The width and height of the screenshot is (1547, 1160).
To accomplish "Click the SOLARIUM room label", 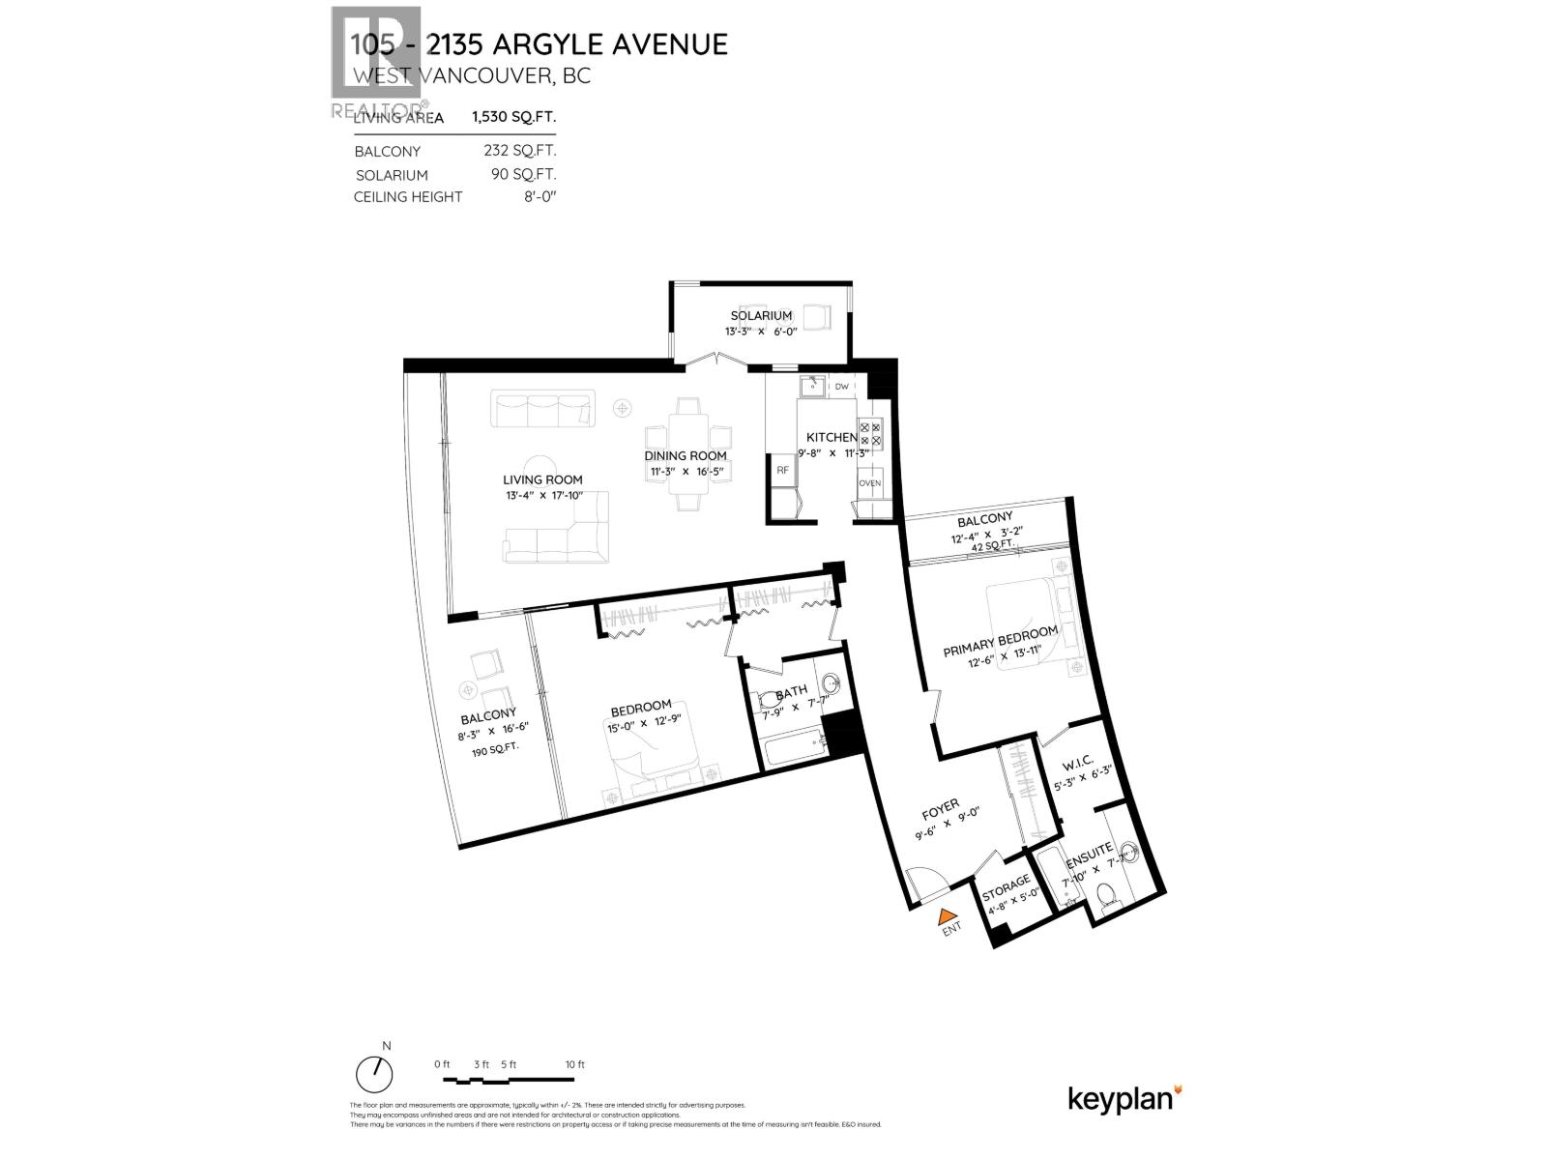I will point(761,316).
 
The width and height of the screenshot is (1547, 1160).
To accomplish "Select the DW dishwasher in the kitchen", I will point(841,387).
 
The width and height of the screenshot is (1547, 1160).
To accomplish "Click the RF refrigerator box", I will point(782,471).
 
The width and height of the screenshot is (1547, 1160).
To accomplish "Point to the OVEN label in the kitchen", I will point(869,482).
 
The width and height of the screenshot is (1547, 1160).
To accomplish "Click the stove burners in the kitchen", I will point(869,433).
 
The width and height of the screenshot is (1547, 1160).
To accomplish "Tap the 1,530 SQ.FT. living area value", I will point(513,117).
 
